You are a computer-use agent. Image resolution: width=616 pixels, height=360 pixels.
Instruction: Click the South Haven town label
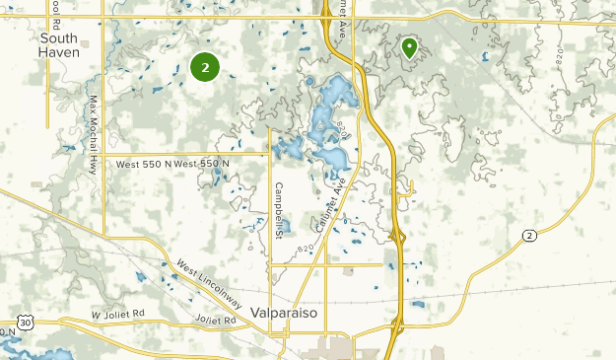click(x=60, y=44)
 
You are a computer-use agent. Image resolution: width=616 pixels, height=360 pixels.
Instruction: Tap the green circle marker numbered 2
click(x=204, y=67)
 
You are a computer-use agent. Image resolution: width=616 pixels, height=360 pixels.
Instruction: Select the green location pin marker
click(x=408, y=47)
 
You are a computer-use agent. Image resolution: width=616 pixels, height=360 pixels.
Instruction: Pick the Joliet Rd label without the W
click(x=216, y=322)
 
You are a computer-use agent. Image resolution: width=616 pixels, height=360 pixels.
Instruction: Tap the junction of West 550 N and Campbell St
click(x=269, y=154)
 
